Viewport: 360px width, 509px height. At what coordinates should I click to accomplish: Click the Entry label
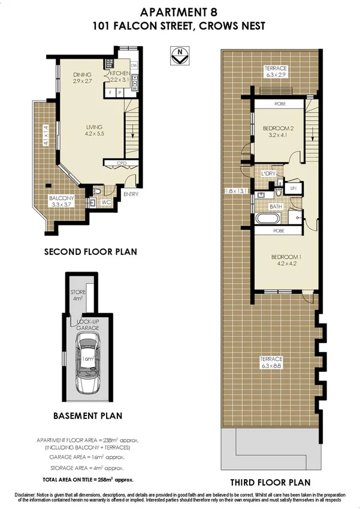(131, 194)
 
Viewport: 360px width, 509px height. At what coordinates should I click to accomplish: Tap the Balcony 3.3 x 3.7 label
(61, 201)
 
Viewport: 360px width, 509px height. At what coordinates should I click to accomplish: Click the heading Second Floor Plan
(90, 252)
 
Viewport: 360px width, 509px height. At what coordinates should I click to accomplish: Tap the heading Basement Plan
(87, 415)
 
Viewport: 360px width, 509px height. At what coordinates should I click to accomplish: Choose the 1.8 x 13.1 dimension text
(235, 191)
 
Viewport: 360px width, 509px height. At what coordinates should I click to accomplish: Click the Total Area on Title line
(87, 480)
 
